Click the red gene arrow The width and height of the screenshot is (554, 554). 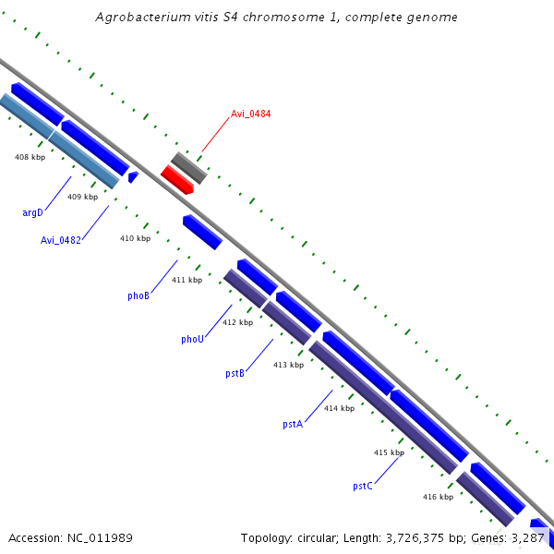tap(176, 179)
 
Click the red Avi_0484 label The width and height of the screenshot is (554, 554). tap(250, 114)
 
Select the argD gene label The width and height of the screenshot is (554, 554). tap(32, 212)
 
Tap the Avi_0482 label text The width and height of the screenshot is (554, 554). tap(60, 240)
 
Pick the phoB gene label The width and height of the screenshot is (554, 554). tap(138, 295)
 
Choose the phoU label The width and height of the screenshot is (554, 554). tap(192, 339)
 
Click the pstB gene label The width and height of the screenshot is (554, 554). tap(235, 373)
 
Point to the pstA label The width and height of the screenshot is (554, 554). tap(293, 424)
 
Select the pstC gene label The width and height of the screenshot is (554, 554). tap(363, 486)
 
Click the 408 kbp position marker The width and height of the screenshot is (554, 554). tap(30, 157)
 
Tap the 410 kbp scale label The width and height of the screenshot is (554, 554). tap(135, 238)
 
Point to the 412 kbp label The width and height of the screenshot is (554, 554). tap(237, 322)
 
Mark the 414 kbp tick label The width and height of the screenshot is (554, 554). tap(339, 408)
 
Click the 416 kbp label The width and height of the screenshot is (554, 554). tap(438, 497)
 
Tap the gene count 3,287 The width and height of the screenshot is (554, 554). tap(527, 537)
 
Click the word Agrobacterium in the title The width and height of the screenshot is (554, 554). tap(144, 18)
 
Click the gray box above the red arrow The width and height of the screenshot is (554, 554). tap(189, 167)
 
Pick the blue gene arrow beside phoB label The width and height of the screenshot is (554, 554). tap(202, 232)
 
